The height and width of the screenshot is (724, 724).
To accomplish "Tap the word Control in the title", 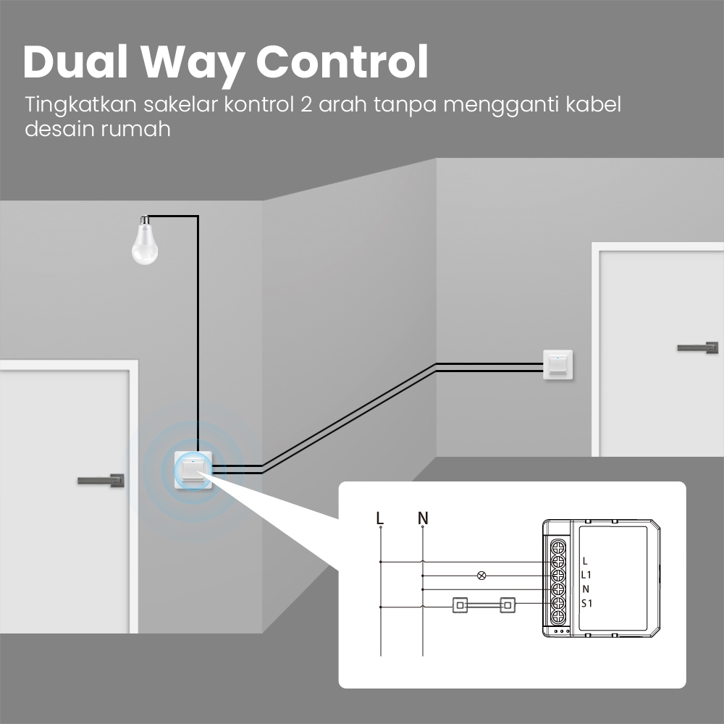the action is [x=342, y=62].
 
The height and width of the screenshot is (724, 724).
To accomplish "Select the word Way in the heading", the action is [x=192, y=65].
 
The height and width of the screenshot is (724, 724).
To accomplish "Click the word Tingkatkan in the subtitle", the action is [x=81, y=105].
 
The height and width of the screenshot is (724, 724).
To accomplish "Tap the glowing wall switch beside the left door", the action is [x=193, y=470].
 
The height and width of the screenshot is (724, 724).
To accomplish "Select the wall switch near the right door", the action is [x=557, y=365].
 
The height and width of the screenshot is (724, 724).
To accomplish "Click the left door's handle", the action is [x=101, y=480].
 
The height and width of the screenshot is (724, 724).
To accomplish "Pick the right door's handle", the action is [x=698, y=348].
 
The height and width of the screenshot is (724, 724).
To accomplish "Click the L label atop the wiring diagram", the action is [x=380, y=518].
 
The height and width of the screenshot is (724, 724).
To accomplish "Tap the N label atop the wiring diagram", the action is [x=423, y=518].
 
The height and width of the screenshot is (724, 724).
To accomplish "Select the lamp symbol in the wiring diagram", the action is [x=481, y=576].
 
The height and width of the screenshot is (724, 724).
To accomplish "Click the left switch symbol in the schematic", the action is [x=460, y=605].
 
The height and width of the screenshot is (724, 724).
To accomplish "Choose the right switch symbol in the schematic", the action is [x=508, y=605].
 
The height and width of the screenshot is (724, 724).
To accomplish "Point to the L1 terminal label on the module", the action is [x=586, y=575].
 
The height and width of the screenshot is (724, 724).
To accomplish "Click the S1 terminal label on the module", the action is [x=586, y=603].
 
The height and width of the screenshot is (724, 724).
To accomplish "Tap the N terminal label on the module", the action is [x=586, y=589].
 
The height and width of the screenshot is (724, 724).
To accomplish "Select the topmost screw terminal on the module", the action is [x=557, y=547].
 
